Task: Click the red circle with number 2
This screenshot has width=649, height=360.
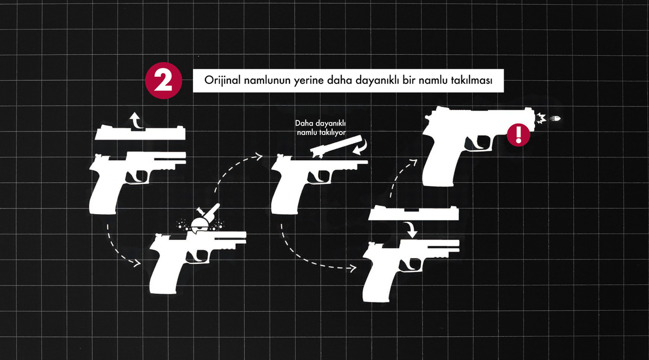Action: (163, 81)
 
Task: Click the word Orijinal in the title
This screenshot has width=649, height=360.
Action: (222, 81)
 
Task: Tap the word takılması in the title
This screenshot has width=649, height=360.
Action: (472, 80)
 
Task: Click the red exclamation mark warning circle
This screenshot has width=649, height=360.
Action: (518, 135)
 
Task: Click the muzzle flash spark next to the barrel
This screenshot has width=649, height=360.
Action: (541, 118)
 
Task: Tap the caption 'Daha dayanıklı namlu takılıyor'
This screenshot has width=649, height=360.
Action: (321, 128)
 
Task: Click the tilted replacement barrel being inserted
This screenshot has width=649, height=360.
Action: (336, 146)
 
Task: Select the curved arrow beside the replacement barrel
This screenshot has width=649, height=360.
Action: (362, 147)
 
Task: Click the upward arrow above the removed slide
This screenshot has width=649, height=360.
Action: (136, 120)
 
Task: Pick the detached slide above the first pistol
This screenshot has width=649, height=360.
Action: (140, 133)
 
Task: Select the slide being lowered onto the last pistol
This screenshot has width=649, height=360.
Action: (414, 213)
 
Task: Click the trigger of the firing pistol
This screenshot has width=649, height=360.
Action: (480, 144)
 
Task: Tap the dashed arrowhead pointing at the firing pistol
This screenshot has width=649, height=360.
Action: (414, 162)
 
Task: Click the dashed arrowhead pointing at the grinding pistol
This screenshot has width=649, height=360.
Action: (137, 262)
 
